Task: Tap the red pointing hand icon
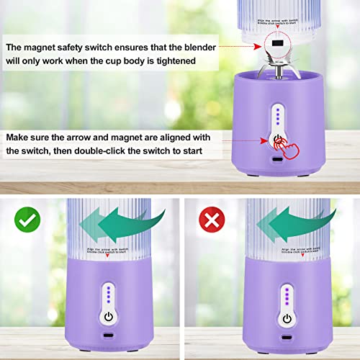pos(282,143)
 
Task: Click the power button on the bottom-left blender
pos(108,317)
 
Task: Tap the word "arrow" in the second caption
pos(97,136)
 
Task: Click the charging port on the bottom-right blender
pos(287,337)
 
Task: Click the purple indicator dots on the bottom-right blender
pos(287,294)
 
